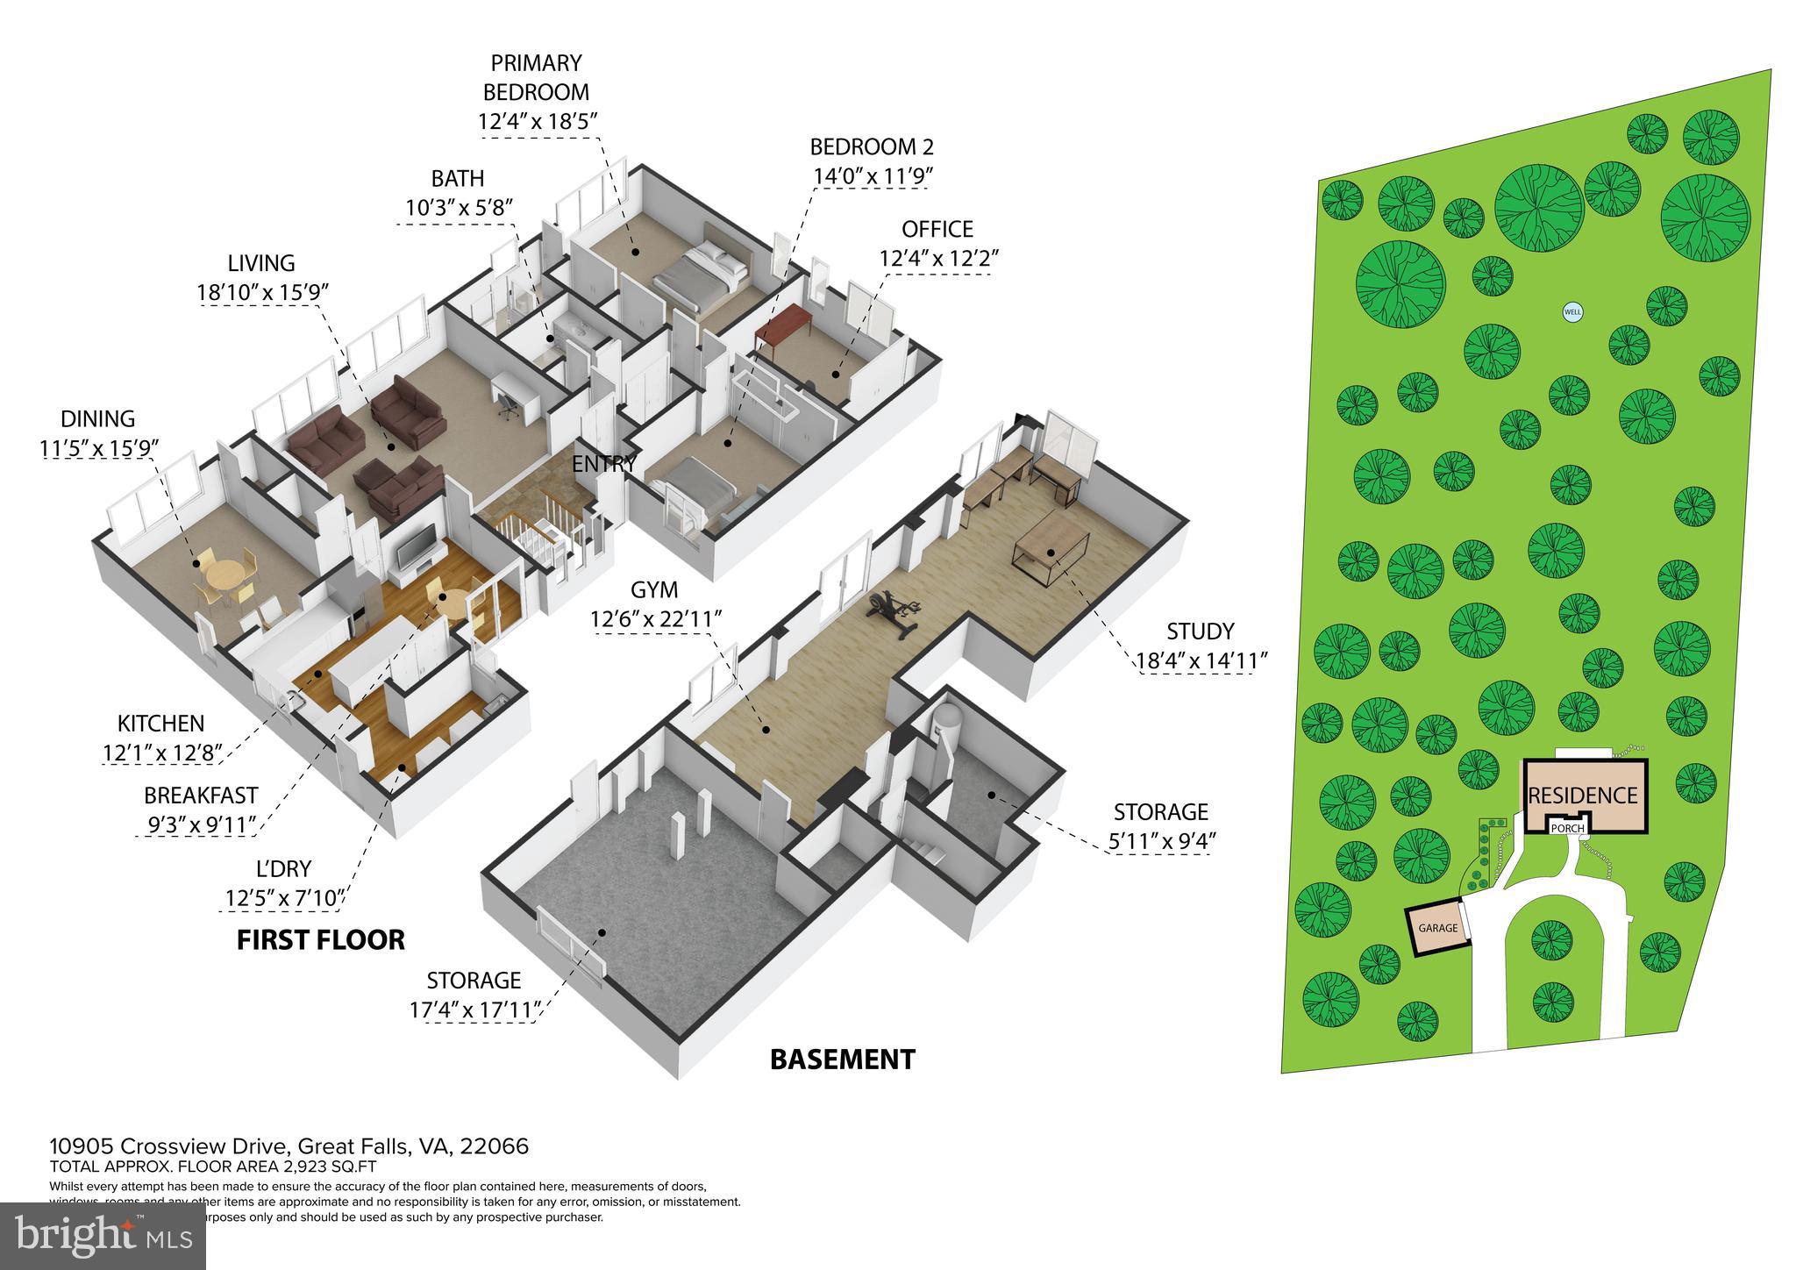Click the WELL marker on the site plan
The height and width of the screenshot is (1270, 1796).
pos(1572,310)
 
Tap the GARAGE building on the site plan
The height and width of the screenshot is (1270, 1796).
pos(1438,928)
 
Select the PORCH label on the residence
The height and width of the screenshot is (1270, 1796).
pos(1567,828)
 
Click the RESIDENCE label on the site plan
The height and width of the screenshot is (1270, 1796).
pos(1583,796)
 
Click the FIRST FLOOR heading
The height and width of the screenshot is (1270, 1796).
pos(321,940)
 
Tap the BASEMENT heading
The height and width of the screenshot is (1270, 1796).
pos(842,1060)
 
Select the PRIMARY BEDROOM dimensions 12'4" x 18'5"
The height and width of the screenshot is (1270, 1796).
pos(538,121)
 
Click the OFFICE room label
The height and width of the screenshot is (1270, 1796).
pos(937,229)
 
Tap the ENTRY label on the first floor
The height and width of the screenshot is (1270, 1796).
pos(603,464)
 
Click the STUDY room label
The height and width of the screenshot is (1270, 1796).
pos(1200,631)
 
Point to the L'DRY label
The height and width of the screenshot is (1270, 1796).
pos(283,868)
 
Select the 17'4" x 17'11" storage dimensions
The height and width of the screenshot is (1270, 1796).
pos(474,1010)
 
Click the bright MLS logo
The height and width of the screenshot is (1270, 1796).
pos(103,1236)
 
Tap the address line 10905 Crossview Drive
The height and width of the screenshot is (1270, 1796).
pos(289,1145)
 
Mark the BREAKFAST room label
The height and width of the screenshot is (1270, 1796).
pos(201,795)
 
